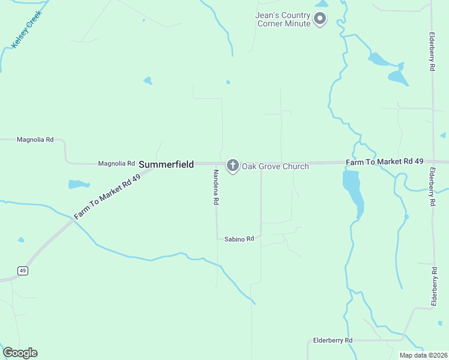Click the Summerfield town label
pyautogui.click(x=166, y=164)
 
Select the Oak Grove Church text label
pyautogui.click(x=275, y=166)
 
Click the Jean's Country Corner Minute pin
pyautogui.click(x=320, y=19)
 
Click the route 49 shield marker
pyautogui.click(x=23, y=271)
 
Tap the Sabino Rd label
pyautogui.click(x=239, y=239)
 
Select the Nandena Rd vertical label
pyautogui.click(x=215, y=187)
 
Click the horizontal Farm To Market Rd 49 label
pyautogui.click(x=385, y=162)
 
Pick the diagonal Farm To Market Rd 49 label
pyautogui.click(x=107, y=197)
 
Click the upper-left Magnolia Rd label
pyautogui.click(x=35, y=139)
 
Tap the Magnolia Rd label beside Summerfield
pyautogui.click(x=116, y=163)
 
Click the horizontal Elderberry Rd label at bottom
pyautogui.click(x=333, y=340)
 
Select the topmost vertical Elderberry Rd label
pyautogui.click(x=432, y=52)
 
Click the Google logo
pyautogui.click(x=20, y=353)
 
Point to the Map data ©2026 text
pyautogui.click(x=423, y=355)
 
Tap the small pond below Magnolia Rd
pyautogui.click(x=79, y=184)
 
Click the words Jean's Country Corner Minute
pyautogui.click(x=284, y=19)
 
